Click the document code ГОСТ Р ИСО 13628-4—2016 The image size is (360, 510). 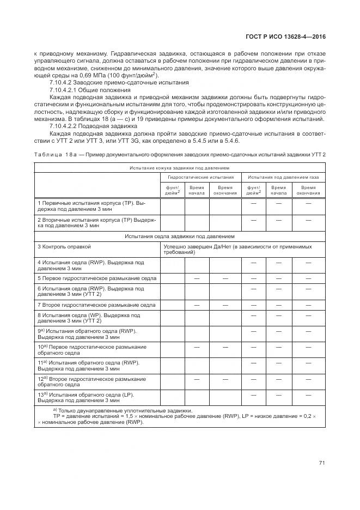(290, 37)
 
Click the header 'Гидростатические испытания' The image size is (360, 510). (200, 177)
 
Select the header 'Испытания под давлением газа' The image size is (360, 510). (284, 177)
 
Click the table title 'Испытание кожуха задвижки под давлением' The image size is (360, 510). (180, 168)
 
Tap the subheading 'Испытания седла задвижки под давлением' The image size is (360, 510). (180, 236)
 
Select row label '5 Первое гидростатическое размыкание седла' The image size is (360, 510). (97, 278)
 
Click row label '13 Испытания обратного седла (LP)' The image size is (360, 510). (87, 397)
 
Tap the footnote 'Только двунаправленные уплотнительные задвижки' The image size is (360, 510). (125, 410)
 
